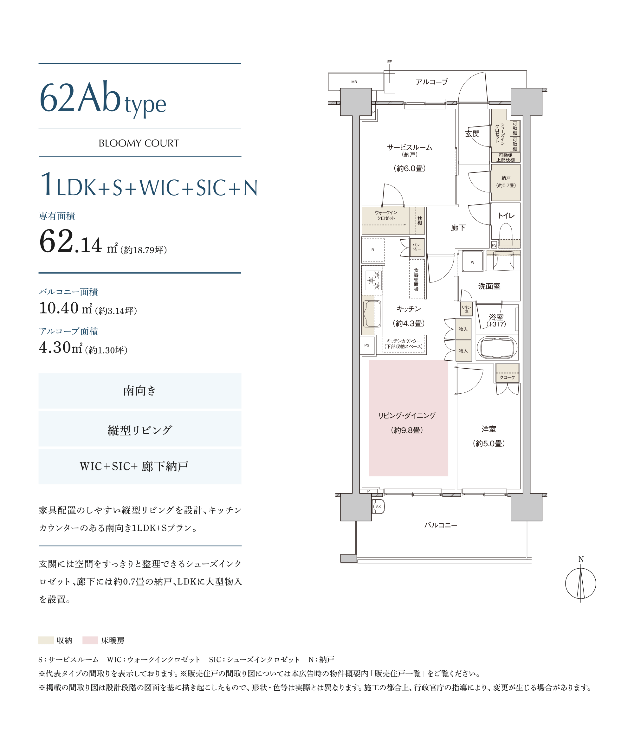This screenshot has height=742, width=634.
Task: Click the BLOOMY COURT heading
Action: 139,143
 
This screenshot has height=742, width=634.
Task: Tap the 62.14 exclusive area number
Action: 71,242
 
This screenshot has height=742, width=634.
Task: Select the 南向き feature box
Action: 140,391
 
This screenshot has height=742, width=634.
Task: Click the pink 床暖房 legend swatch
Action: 90,640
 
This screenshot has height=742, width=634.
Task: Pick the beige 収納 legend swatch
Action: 46,640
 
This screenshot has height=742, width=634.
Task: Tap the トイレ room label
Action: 506,215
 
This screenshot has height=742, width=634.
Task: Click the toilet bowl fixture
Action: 506,235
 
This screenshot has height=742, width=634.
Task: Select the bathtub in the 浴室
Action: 497,347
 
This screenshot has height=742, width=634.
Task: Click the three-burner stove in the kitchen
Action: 373,281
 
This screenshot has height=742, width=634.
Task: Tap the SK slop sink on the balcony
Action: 378,506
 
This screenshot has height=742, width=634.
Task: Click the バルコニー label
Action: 441,525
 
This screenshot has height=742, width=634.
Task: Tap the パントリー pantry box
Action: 417,248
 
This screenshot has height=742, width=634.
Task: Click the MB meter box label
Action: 354,82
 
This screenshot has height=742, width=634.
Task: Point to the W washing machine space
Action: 472,262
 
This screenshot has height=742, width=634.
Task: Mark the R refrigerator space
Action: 373,249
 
